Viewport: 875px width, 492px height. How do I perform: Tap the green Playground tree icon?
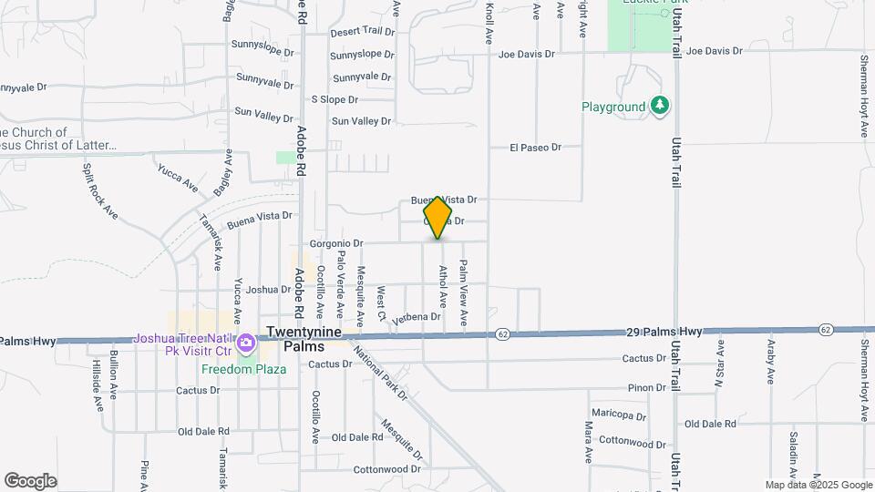point(660,107)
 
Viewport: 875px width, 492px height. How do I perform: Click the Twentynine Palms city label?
point(304,339)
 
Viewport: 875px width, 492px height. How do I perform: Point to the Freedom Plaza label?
point(244,369)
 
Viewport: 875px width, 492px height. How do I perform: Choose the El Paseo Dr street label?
point(533,147)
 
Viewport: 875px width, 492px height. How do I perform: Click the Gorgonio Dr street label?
point(336,243)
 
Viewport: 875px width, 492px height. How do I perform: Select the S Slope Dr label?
point(335,99)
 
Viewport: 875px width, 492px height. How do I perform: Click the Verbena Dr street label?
point(417,317)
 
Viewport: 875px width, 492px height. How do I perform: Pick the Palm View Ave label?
point(463,292)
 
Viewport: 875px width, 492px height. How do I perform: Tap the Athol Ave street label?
point(443,285)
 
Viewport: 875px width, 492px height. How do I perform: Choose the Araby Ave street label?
point(770,362)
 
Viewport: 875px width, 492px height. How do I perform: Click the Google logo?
point(30,480)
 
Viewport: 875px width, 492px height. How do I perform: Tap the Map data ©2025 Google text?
point(818,485)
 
